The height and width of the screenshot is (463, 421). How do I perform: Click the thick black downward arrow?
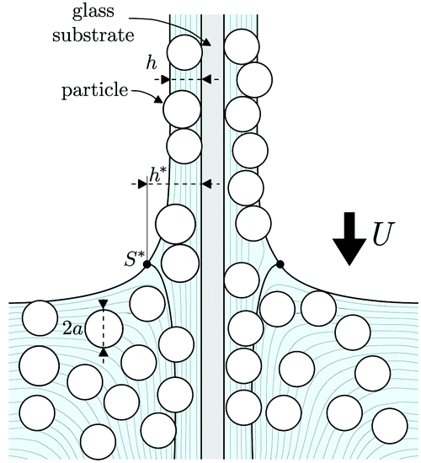click(348, 237)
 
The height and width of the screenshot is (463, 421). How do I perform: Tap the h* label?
click(157, 175)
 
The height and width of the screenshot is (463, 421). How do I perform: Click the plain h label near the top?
click(152, 63)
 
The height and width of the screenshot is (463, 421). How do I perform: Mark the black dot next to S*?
click(147, 264)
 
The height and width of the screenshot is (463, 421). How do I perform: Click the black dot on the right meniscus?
click(280, 264)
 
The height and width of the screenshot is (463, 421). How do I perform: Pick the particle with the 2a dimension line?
click(104, 329)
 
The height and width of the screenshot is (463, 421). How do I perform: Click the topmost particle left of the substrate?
click(184, 53)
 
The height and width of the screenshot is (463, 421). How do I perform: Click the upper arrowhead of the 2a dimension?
click(104, 304)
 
